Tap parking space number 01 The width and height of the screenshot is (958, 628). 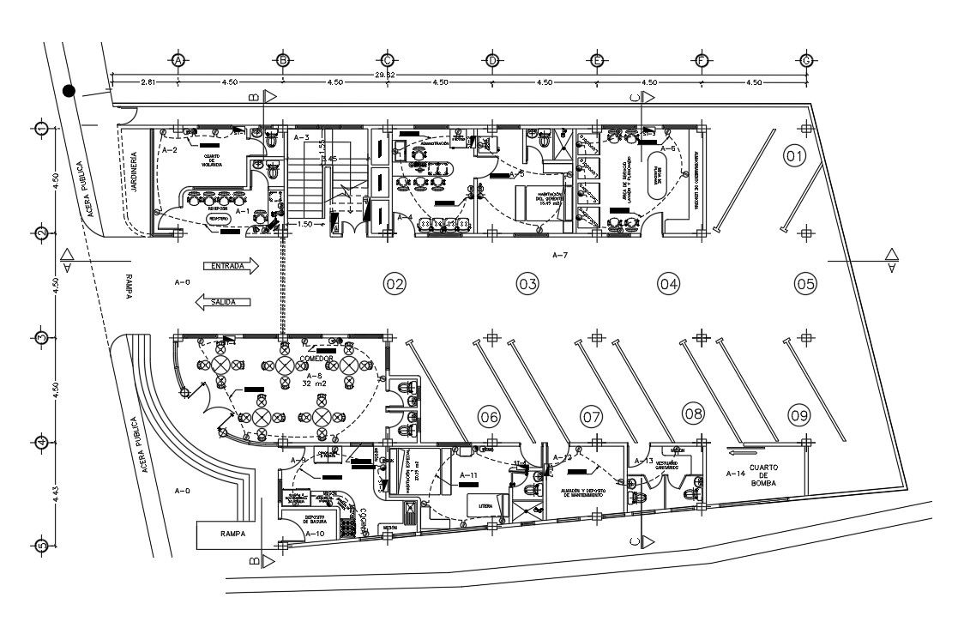coord(795,156)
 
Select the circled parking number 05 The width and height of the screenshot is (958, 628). coord(805,283)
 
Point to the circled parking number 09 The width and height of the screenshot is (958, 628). coord(799,416)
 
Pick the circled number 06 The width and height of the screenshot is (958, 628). coord(489,417)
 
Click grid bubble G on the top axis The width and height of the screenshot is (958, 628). coord(806,61)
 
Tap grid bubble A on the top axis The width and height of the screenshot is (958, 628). coord(178,61)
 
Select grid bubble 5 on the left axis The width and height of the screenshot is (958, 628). coord(40,546)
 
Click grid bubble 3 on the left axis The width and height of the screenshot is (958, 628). coord(40,337)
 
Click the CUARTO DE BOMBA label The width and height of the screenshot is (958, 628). coord(763,474)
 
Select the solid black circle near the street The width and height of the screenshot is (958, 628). coord(69,91)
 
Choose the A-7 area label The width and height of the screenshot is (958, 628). coord(561,255)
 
